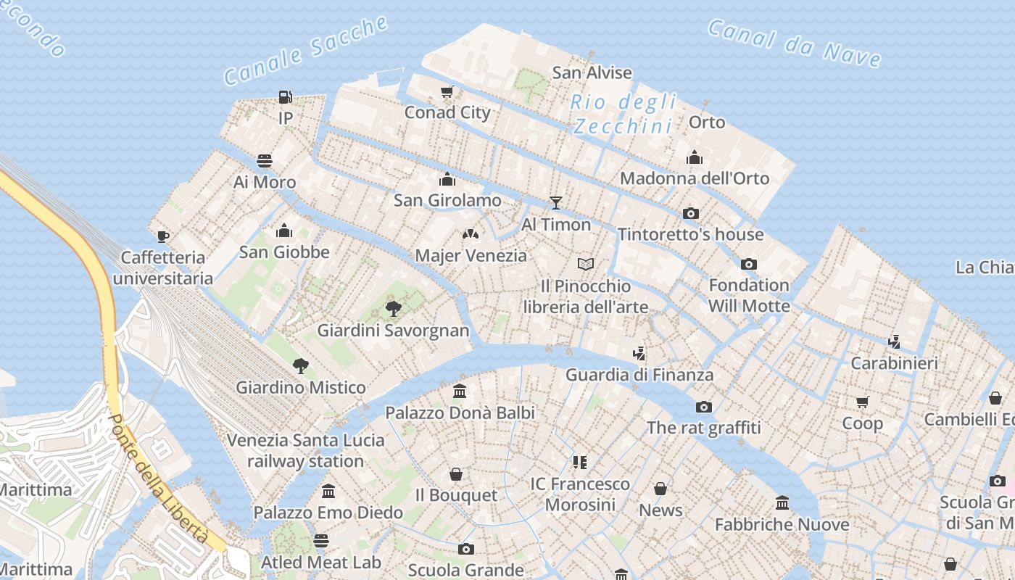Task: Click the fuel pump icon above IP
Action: (x=285, y=96)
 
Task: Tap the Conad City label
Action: (x=447, y=112)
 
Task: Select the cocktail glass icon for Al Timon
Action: (x=556, y=203)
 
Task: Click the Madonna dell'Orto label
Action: (x=695, y=178)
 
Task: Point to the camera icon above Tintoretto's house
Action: (x=691, y=213)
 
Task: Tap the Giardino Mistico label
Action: (x=301, y=387)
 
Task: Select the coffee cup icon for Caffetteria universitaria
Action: (x=163, y=236)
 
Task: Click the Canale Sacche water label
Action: (x=305, y=49)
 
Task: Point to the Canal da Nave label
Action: (x=794, y=43)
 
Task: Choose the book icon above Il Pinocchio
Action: (x=586, y=264)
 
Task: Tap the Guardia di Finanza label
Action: (x=639, y=375)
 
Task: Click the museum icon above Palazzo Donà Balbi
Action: (x=460, y=391)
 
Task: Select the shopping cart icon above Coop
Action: (x=862, y=402)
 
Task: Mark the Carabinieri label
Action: (x=894, y=363)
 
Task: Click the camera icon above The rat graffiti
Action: (x=703, y=407)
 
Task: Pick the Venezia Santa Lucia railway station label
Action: (x=305, y=450)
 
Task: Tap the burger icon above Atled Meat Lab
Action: (x=321, y=541)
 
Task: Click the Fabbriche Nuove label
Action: (x=782, y=524)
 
